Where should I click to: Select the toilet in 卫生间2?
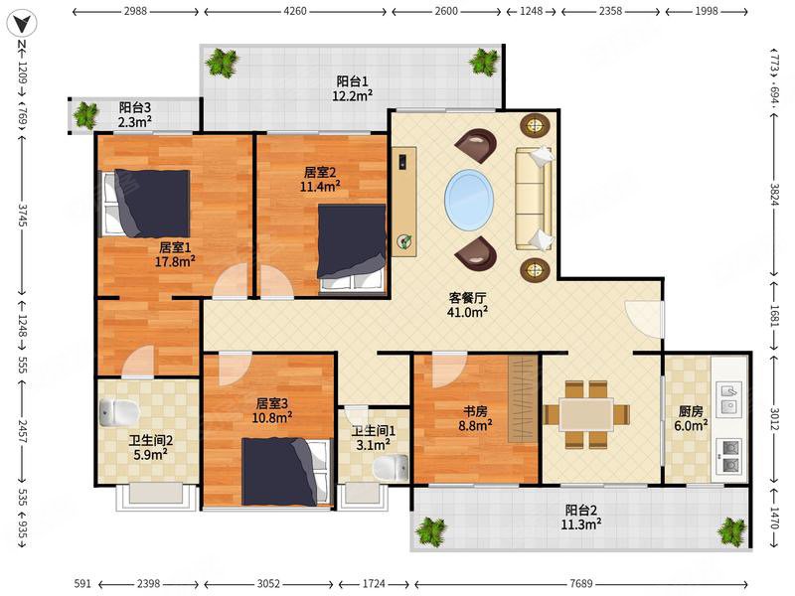118,412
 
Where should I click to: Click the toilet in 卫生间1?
391,468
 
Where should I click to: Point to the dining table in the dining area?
586,414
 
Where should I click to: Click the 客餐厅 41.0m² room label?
467,305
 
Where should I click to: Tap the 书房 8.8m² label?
475,418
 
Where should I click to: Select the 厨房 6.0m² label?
691,418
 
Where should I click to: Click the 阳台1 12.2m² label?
353,88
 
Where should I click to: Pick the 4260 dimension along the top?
294,11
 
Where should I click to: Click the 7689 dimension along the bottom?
580,583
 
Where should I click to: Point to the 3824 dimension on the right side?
774,193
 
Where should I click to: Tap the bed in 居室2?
352,247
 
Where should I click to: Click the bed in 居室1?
145,204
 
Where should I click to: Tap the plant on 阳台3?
85,114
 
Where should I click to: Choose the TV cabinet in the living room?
404,202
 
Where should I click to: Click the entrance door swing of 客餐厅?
644,320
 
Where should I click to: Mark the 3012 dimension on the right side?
774,419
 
